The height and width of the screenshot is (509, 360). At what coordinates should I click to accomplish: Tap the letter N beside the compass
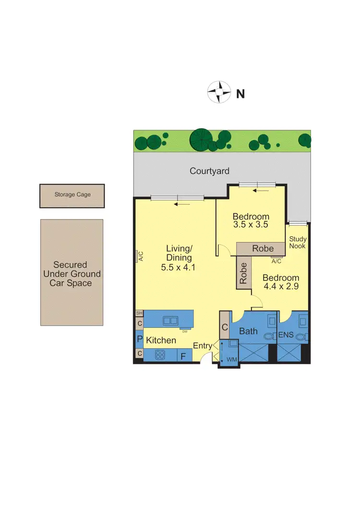240,94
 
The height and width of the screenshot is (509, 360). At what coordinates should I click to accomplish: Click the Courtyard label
209,170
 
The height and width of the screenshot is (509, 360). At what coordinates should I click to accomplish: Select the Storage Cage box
72,195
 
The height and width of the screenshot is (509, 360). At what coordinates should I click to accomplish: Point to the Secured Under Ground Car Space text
71,274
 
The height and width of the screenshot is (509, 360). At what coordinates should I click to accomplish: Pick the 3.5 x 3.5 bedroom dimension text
251,224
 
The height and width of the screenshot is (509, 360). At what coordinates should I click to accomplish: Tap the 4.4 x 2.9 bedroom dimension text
281,287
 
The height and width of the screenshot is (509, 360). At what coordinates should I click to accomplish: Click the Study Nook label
298,242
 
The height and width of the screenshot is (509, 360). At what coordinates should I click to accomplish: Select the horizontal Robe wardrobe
263,248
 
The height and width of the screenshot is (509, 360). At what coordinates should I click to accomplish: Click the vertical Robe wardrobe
243,273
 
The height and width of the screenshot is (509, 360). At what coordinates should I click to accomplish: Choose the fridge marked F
183,356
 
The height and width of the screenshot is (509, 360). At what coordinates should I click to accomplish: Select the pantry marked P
139,339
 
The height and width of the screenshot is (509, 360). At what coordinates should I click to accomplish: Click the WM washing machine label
232,359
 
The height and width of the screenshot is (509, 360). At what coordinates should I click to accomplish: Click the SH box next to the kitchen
139,313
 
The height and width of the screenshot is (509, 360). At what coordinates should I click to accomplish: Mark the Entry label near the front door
203,345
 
